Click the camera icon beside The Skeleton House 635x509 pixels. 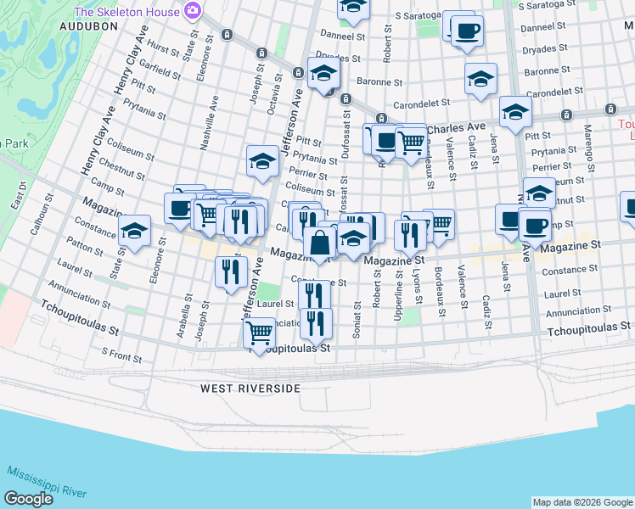193,11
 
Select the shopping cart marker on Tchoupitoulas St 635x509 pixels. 259,332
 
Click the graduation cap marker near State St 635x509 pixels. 133,232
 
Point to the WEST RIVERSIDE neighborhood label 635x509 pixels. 250,388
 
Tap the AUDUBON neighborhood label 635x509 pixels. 87,26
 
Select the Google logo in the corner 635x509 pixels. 29,499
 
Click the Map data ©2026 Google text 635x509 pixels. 582,502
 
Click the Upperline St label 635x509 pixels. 398,289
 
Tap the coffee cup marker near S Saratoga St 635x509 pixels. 465,32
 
